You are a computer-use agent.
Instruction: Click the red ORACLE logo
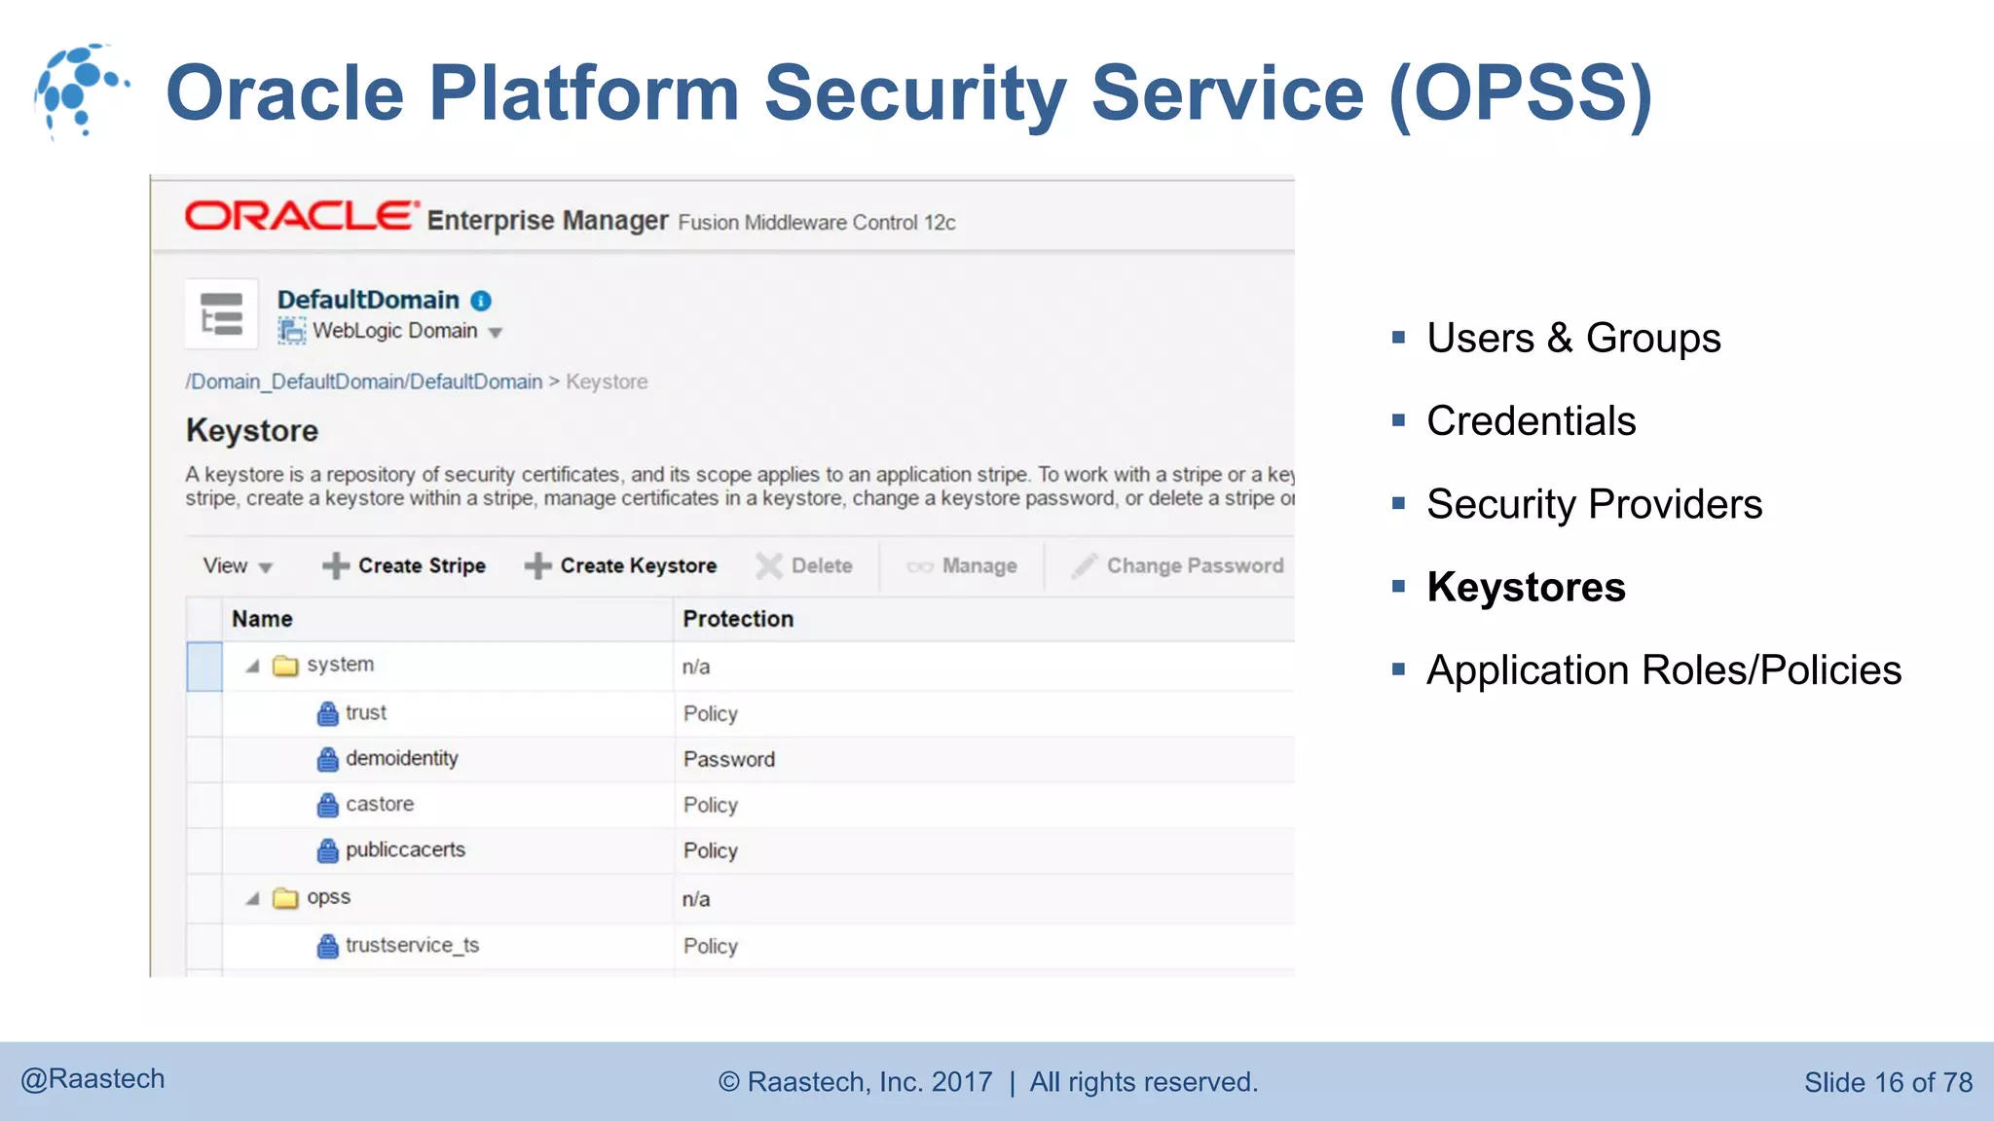(x=301, y=216)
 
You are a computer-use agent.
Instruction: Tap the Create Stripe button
(x=404, y=565)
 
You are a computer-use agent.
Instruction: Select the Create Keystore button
(x=620, y=565)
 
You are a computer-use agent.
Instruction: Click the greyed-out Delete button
(x=804, y=565)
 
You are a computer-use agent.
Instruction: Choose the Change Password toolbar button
(x=1177, y=565)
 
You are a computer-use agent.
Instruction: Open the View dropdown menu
(x=237, y=565)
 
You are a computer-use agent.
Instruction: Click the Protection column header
(x=738, y=619)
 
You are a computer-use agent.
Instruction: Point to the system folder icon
(x=285, y=666)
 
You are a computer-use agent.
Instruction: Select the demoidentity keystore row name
(x=401, y=758)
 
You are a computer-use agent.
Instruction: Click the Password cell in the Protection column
(x=729, y=759)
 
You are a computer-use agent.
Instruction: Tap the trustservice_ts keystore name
(x=412, y=945)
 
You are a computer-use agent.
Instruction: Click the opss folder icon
(x=285, y=898)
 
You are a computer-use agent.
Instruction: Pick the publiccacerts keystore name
(x=405, y=850)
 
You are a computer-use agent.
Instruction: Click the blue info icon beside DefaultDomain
(x=481, y=301)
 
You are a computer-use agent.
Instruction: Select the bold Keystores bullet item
(x=1526, y=587)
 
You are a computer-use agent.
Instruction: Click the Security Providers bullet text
(x=1594, y=504)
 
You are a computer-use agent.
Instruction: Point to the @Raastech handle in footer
(x=93, y=1079)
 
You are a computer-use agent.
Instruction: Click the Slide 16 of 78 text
(x=1888, y=1082)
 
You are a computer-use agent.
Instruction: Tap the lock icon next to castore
(x=328, y=806)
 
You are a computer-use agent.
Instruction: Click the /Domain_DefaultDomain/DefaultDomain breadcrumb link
(x=364, y=381)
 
